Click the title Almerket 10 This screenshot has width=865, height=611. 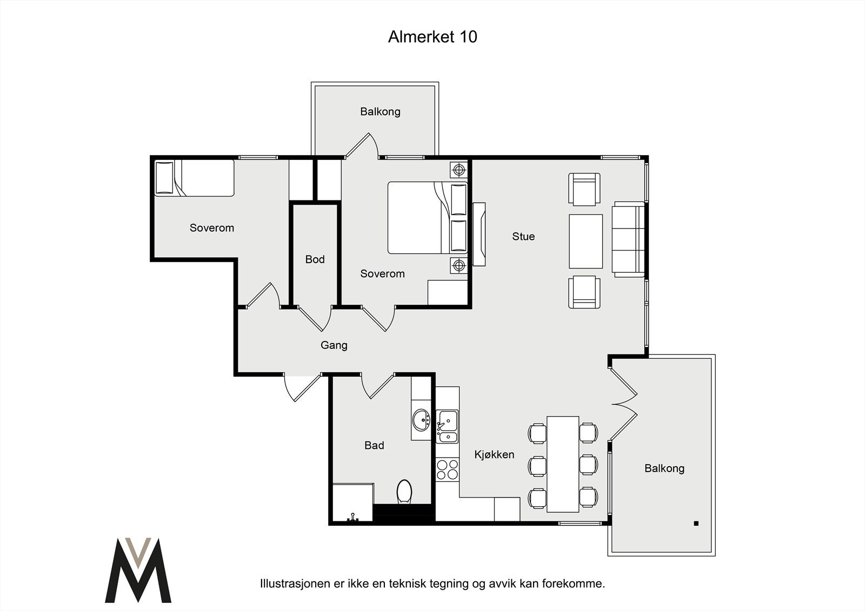[x=432, y=37]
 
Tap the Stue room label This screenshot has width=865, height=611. [x=523, y=236]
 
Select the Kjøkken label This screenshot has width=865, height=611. [x=494, y=454]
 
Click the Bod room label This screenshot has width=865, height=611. [x=315, y=259]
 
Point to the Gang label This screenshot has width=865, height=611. [x=334, y=345]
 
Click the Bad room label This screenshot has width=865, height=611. [x=374, y=445]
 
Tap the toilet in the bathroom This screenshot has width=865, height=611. [x=404, y=492]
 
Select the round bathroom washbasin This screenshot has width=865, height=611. [x=421, y=420]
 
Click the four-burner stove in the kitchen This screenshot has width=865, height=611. [x=448, y=469]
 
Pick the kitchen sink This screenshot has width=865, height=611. [x=448, y=426]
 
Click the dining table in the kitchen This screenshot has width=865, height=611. [x=563, y=464]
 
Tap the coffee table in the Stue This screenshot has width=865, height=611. [x=586, y=241]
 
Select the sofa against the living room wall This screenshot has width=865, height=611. [x=628, y=239]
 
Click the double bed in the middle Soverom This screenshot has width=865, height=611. [x=428, y=218]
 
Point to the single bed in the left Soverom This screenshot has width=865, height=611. [x=194, y=178]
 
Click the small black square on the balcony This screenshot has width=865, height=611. [x=696, y=523]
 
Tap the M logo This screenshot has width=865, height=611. [x=138, y=570]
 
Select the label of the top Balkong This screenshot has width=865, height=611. [x=380, y=111]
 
